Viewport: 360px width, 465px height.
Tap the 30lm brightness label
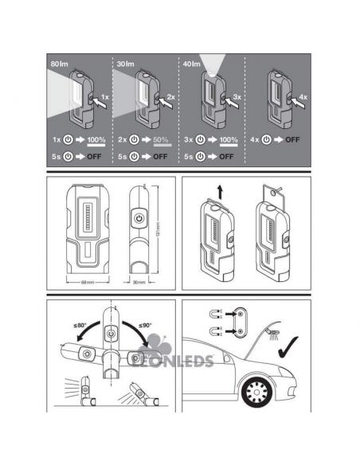click(125, 63)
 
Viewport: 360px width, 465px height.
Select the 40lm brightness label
click(192, 63)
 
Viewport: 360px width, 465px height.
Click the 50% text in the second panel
click(162, 139)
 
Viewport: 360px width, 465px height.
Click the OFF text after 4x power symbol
click(295, 140)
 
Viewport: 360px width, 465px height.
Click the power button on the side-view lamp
click(138, 217)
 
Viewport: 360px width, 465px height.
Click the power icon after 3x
click(199, 140)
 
